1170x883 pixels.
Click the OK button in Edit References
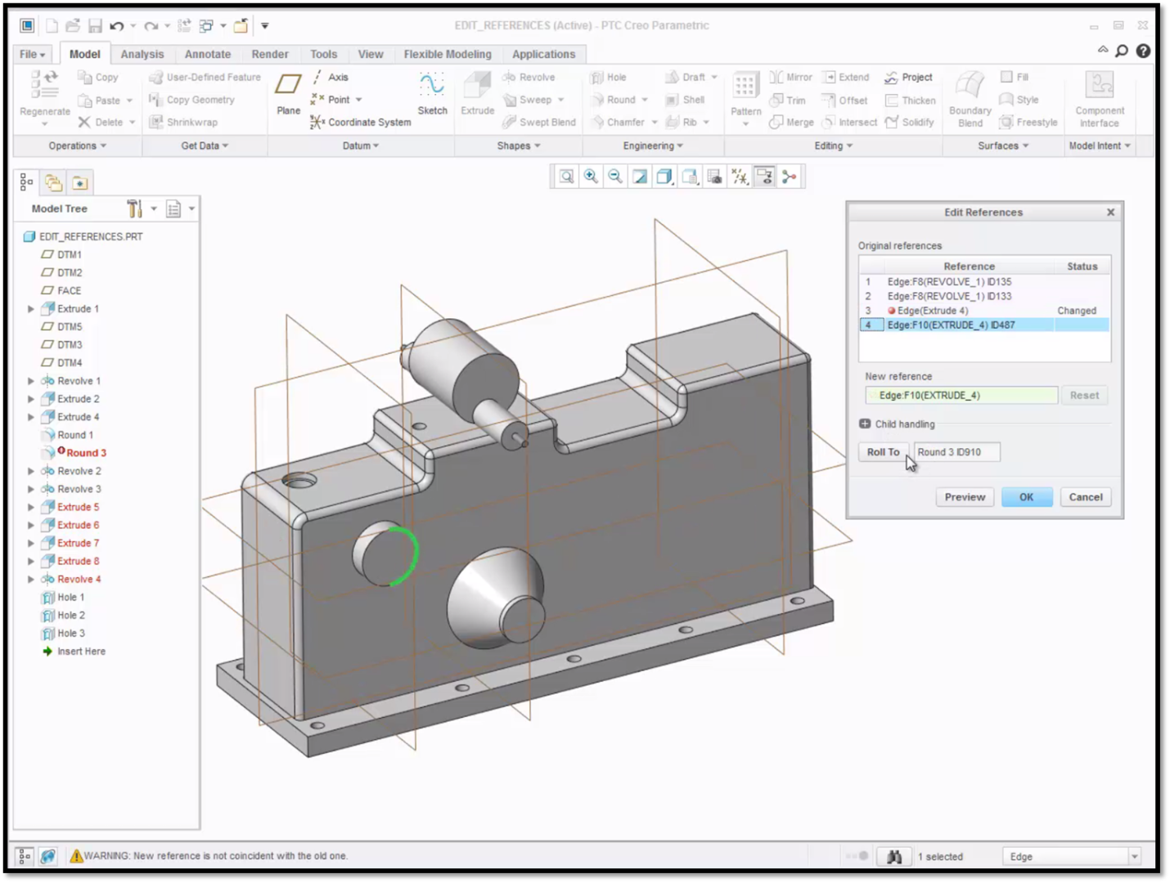coord(1026,497)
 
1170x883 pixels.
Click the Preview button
coord(965,497)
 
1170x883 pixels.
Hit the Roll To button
coord(883,452)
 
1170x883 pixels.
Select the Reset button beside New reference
coord(1084,395)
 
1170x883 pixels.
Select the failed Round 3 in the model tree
coord(86,453)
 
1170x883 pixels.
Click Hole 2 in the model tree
coord(71,615)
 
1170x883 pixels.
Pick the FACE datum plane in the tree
coord(69,291)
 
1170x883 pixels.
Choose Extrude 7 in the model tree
coord(78,543)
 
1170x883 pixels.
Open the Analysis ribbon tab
coord(142,54)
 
